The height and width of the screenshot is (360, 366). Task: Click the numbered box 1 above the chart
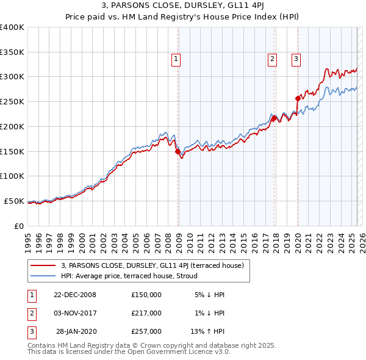[x=175, y=59]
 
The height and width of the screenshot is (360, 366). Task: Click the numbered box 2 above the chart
[x=271, y=59]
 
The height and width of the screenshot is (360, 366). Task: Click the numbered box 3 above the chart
[x=296, y=59]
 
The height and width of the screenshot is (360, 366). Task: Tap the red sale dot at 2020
[x=298, y=98]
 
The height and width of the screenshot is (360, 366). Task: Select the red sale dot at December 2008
[x=178, y=151]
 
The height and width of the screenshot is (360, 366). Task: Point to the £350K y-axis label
[x=12, y=52]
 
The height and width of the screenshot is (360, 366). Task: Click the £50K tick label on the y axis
[x=14, y=201]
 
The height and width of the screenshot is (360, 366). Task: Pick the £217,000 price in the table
[x=146, y=313]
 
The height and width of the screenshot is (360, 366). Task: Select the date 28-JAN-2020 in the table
[x=74, y=331]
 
